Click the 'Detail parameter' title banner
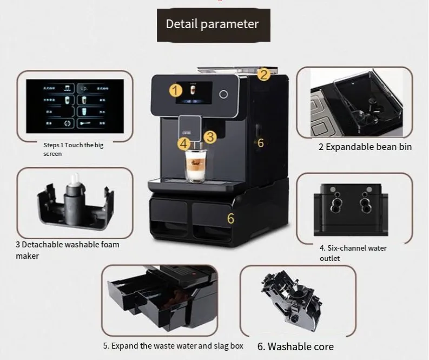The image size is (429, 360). (212, 24)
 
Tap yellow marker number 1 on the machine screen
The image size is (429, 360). (175, 90)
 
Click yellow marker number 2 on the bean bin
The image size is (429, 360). (263, 74)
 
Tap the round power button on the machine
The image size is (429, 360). (222, 93)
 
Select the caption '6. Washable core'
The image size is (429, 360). (295, 346)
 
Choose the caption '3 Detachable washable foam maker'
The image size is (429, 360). (67, 250)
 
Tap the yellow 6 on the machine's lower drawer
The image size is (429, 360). (230, 219)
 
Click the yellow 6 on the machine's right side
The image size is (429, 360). (260, 142)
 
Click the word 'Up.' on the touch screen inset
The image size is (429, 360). (84, 87)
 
